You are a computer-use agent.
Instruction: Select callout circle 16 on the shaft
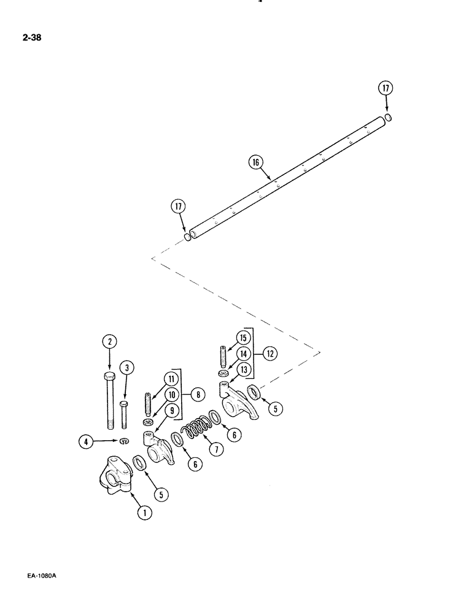click(256, 162)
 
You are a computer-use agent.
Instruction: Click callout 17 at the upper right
click(386, 88)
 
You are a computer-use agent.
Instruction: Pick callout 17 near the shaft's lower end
click(179, 207)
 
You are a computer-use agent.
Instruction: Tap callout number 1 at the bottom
click(144, 514)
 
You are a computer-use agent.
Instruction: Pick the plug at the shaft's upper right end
click(388, 118)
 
